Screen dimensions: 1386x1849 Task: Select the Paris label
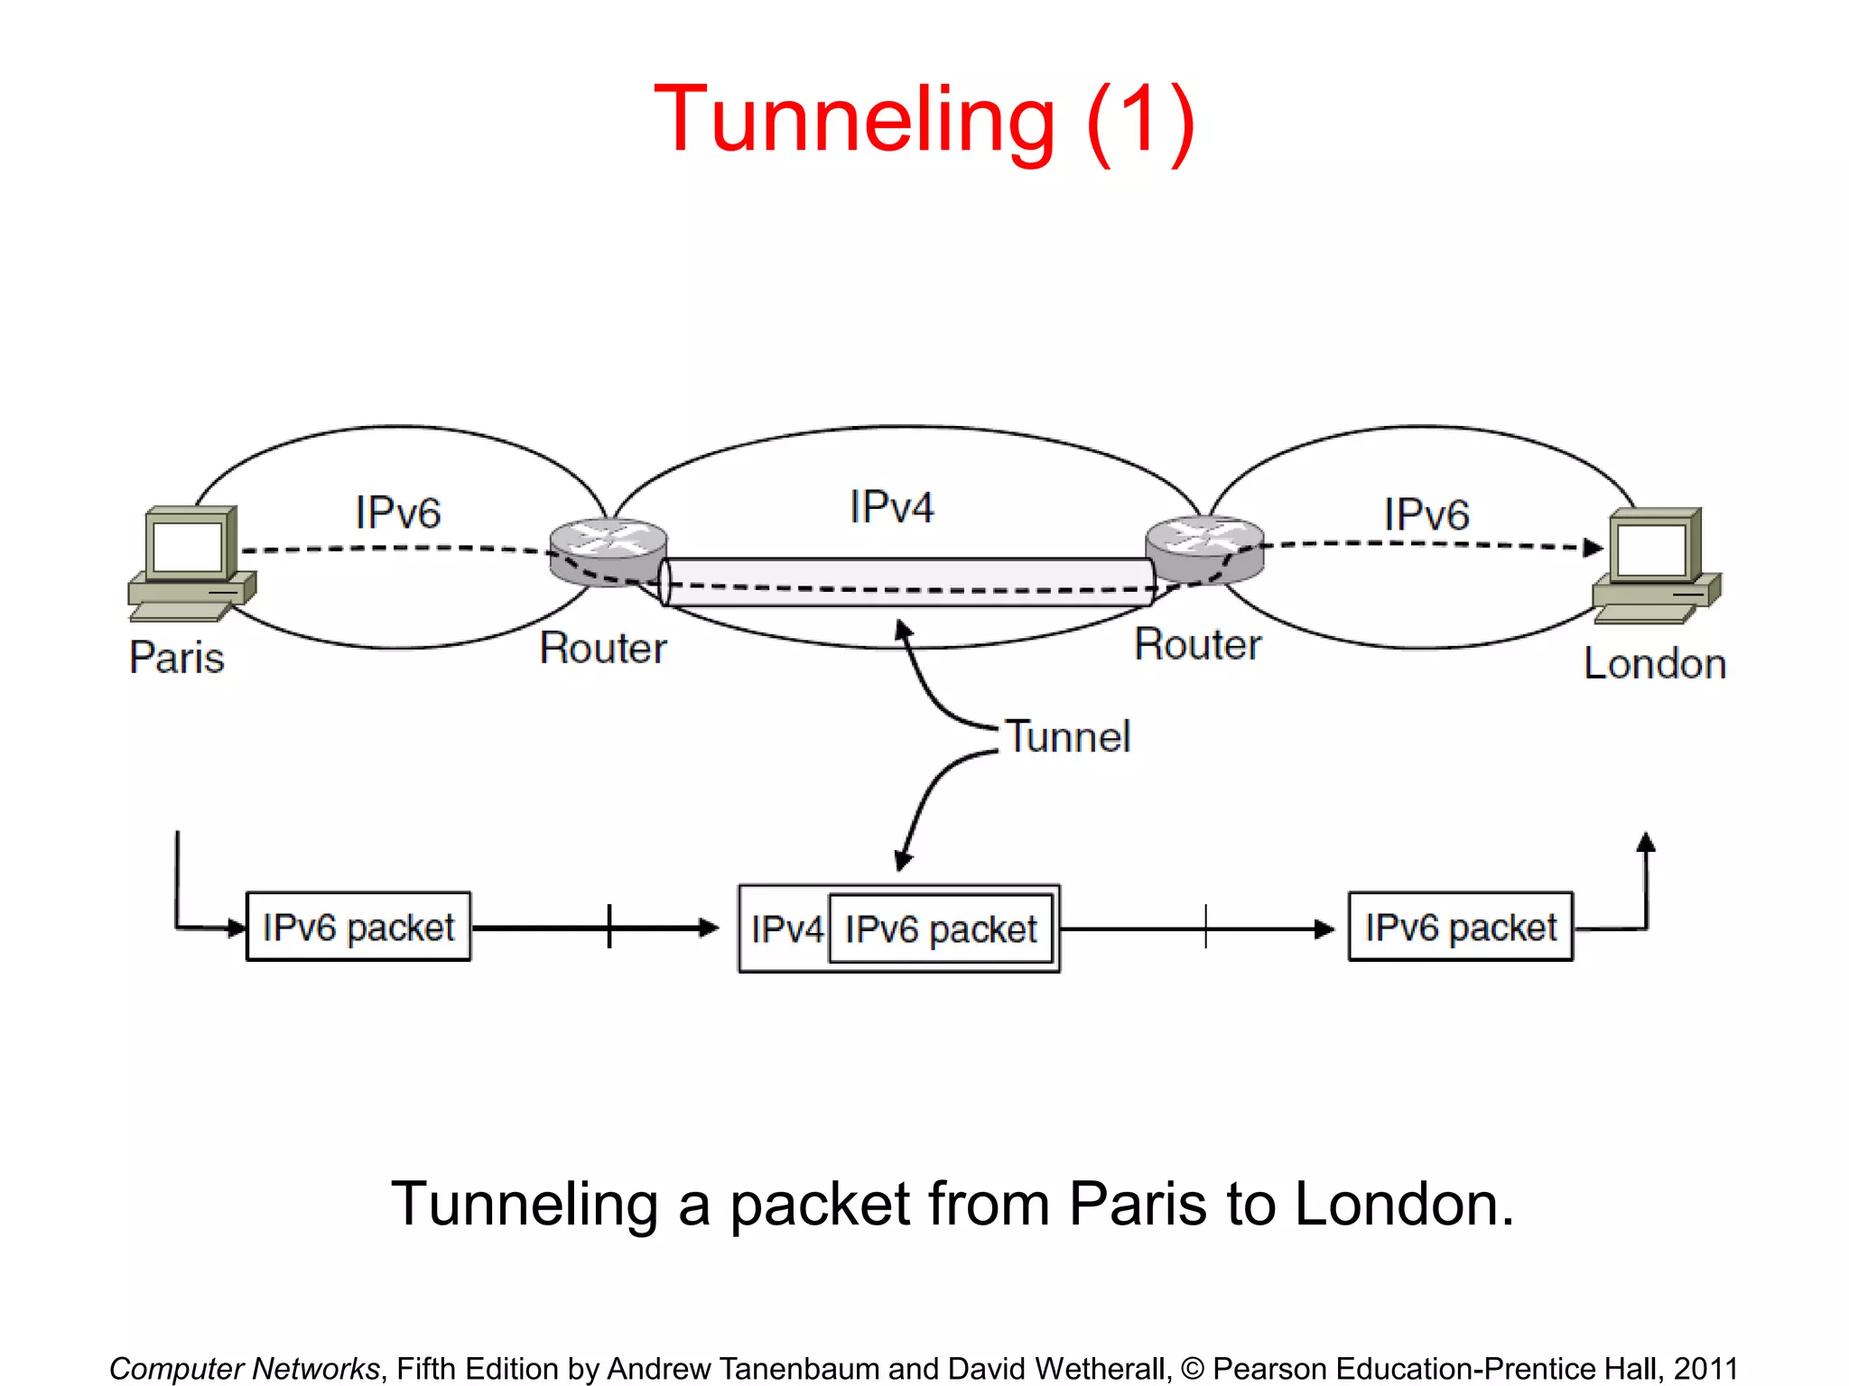coord(177,657)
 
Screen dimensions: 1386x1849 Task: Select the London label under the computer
coord(1654,664)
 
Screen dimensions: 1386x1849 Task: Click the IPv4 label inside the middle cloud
coord(891,507)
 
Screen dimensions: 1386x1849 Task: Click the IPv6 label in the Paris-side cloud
coord(397,513)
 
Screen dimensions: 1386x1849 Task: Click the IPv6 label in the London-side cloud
coord(1426,514)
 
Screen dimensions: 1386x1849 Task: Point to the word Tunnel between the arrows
coord(1067,736)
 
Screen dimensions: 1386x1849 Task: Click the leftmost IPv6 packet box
coord(358,927)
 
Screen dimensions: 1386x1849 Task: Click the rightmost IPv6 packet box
coord(1460,927)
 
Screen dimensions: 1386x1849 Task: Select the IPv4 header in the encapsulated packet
coord(785,929)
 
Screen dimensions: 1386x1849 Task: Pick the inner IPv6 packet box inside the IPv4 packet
coord(941,929)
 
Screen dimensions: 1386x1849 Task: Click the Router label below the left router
coord(603,648)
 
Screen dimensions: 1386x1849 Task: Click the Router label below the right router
coord(1197,644)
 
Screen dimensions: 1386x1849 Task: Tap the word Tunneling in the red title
coord(853,119)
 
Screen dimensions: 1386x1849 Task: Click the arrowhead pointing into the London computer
coord(1593,547)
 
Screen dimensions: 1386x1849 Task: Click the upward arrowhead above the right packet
coord(1646,843)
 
